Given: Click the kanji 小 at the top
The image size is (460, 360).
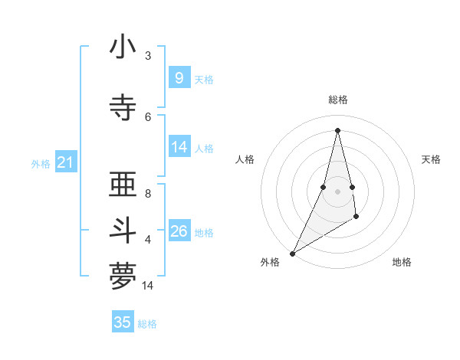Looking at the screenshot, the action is pyautogui.click(x=123, y=47).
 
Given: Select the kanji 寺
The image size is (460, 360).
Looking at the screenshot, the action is pyautogui.click(x=123, y=107).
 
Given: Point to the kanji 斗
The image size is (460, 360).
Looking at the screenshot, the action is pyautogui.click(x=123, y=231).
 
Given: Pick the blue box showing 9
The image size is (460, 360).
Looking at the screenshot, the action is pyautogui.click(x=179, y=78).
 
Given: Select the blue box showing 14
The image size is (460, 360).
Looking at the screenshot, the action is pyautogui.click(x=179, y=147).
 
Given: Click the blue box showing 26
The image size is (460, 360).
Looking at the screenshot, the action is pyautogui.click(x=179, y=231).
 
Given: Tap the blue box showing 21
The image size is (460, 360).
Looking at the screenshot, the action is pyautogui.click(x=66, y=162).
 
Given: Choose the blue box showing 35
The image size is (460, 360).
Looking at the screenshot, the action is pyautogui.click(x=123, y=322).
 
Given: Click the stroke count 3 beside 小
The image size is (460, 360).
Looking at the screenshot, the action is pyautogui.click(x=148, y=56).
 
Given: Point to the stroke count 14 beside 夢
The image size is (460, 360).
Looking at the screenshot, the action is pyautogui.click(x=148, y=286).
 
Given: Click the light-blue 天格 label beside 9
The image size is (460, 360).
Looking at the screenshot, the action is pyautogui.click(x=204, y=79).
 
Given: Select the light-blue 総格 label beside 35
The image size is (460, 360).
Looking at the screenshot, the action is pyautogui.click(x=147, y=324).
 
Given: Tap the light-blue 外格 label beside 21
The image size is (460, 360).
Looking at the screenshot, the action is pyautogui.click(x=41, y=163).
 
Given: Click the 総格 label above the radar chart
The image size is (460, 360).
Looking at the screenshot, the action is pyautogui.click(x=337, y=100).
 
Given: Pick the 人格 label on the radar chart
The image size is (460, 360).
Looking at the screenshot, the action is pyautogui.click(x=245, y=159).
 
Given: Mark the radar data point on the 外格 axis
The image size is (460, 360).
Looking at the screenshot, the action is pyautogui.click(x=292, y=253).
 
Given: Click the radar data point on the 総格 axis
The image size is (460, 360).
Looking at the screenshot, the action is pyautogui.click(x=337, y=130).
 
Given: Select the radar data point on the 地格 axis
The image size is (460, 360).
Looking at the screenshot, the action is pyautogui.click(x=356, y=218).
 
